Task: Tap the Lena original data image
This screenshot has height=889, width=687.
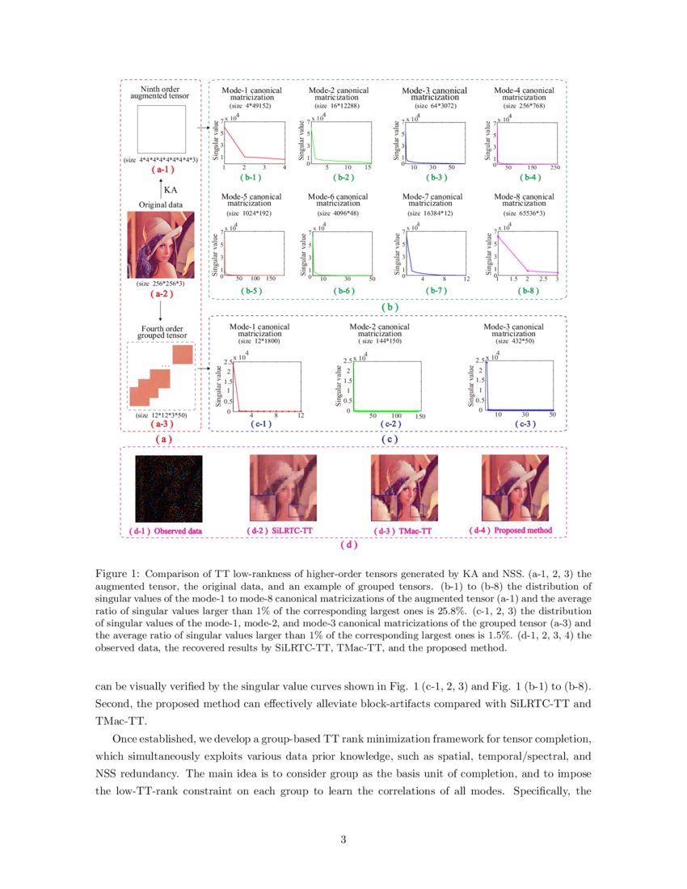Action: click(161, 245)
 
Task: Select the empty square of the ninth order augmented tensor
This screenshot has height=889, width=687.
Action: click(161, 129)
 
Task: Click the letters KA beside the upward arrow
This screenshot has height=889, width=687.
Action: click(171, 189)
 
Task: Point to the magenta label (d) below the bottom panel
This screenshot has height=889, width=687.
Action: click(348, 545)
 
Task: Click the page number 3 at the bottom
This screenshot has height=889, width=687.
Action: click(343, 841)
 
